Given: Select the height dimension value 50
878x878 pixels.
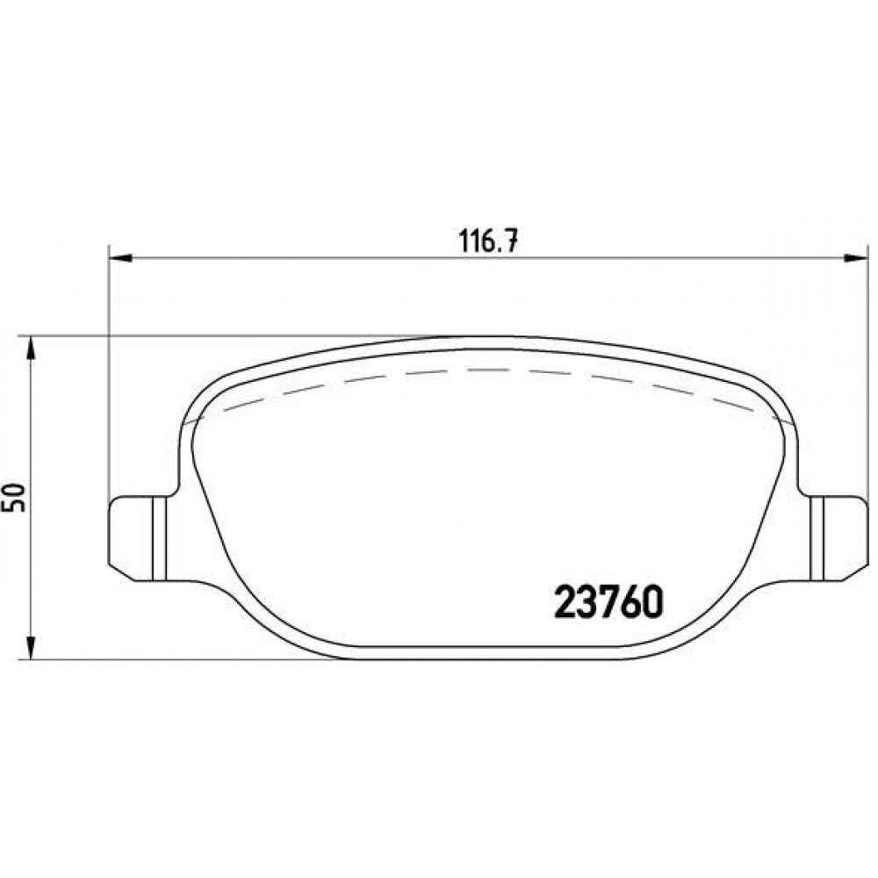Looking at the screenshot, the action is pyautogui.click(x=15, y=497).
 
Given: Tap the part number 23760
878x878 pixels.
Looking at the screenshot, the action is pyautogui.click(x=608, y=602).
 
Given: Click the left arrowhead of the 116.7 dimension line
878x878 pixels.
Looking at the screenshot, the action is pyautogui.click(x=119, y=258).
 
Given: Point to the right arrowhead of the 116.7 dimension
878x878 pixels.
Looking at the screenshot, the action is pyautogui.click(x=855, y=258).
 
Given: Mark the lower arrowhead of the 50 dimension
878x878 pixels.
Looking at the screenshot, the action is pyautogui.click(x=32, y=647).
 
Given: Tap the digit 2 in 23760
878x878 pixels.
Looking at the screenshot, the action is pyautogui.click(x=565, y=602).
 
